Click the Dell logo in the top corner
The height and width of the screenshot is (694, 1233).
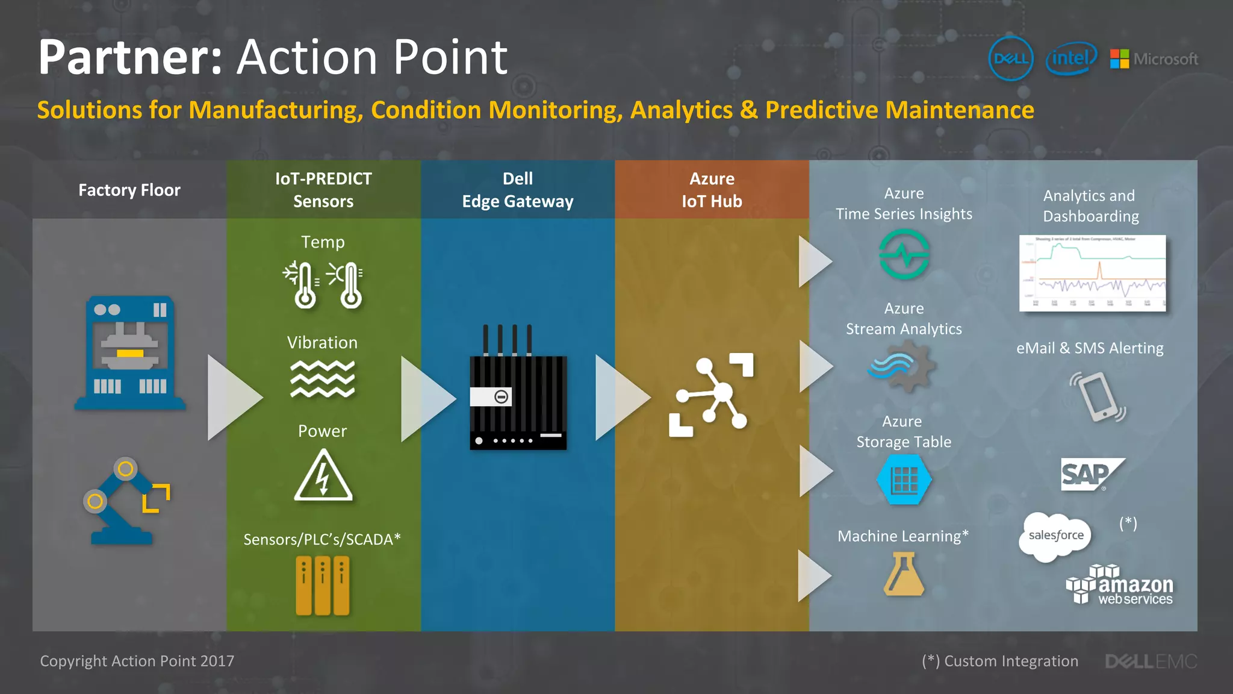pos(1011,58)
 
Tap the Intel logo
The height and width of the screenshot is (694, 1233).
pos(1071,58)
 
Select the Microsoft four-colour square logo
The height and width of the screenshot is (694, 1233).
pos(1120,58)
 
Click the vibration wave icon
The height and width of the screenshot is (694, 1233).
pos(323,379)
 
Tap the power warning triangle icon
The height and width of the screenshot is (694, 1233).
pos(323,476)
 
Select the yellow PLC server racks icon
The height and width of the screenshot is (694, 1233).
pos(323,585)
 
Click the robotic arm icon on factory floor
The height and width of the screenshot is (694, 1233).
pos(125,501)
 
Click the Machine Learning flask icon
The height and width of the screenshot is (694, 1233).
pos(904,575)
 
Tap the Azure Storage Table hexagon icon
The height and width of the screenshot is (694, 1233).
pos(904,480)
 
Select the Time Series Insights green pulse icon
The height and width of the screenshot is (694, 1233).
pos(904,255)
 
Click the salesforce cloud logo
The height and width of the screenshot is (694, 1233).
pos(1055,536)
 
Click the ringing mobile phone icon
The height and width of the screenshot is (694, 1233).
pos(1097,397)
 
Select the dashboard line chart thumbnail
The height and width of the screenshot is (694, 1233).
pos(1092,273)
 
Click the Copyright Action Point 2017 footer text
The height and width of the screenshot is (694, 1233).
pos(137,661)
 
